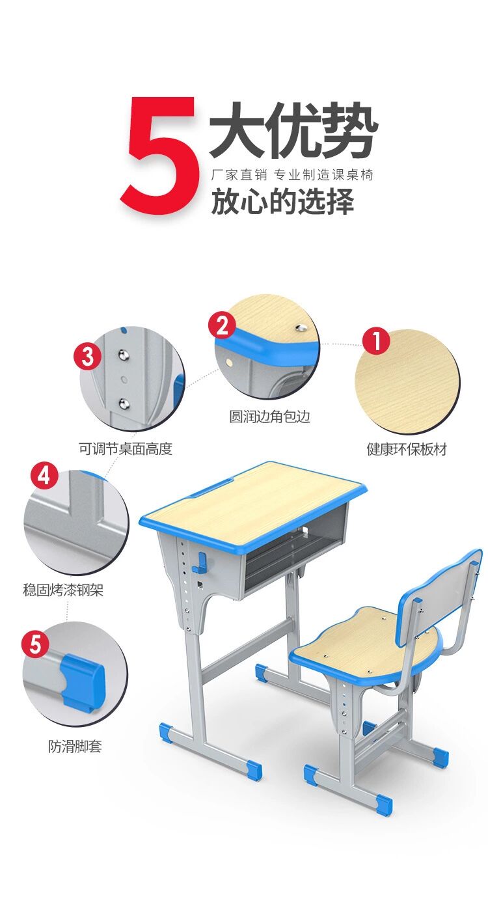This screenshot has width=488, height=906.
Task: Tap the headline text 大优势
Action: click(294, 130)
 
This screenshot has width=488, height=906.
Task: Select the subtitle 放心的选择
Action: click(282, 200)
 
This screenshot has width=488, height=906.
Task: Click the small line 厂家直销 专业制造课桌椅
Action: click(292, 175)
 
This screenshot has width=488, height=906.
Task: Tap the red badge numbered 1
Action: click(375, 340)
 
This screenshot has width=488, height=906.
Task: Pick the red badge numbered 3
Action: click(88, 356)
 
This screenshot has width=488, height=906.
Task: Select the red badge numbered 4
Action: click(45, 475)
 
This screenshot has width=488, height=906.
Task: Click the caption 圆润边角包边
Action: click(269, 417)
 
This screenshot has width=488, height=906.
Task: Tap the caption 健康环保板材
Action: click(406, 449)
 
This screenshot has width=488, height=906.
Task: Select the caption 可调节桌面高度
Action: click(126, 449)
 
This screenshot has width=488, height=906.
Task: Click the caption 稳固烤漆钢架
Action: click(63, 590)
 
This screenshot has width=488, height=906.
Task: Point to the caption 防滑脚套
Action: click(75, 747)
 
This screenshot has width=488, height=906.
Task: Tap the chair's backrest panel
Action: click(438, 594)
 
